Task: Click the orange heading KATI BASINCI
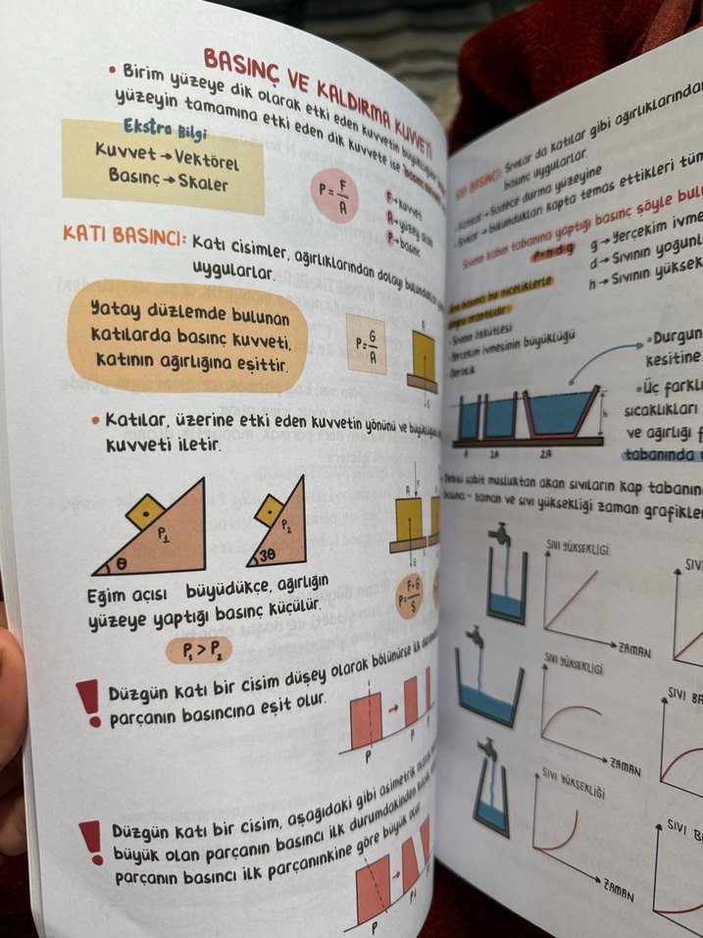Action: coord(123,235)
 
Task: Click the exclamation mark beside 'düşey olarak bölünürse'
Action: coord(89,703)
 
